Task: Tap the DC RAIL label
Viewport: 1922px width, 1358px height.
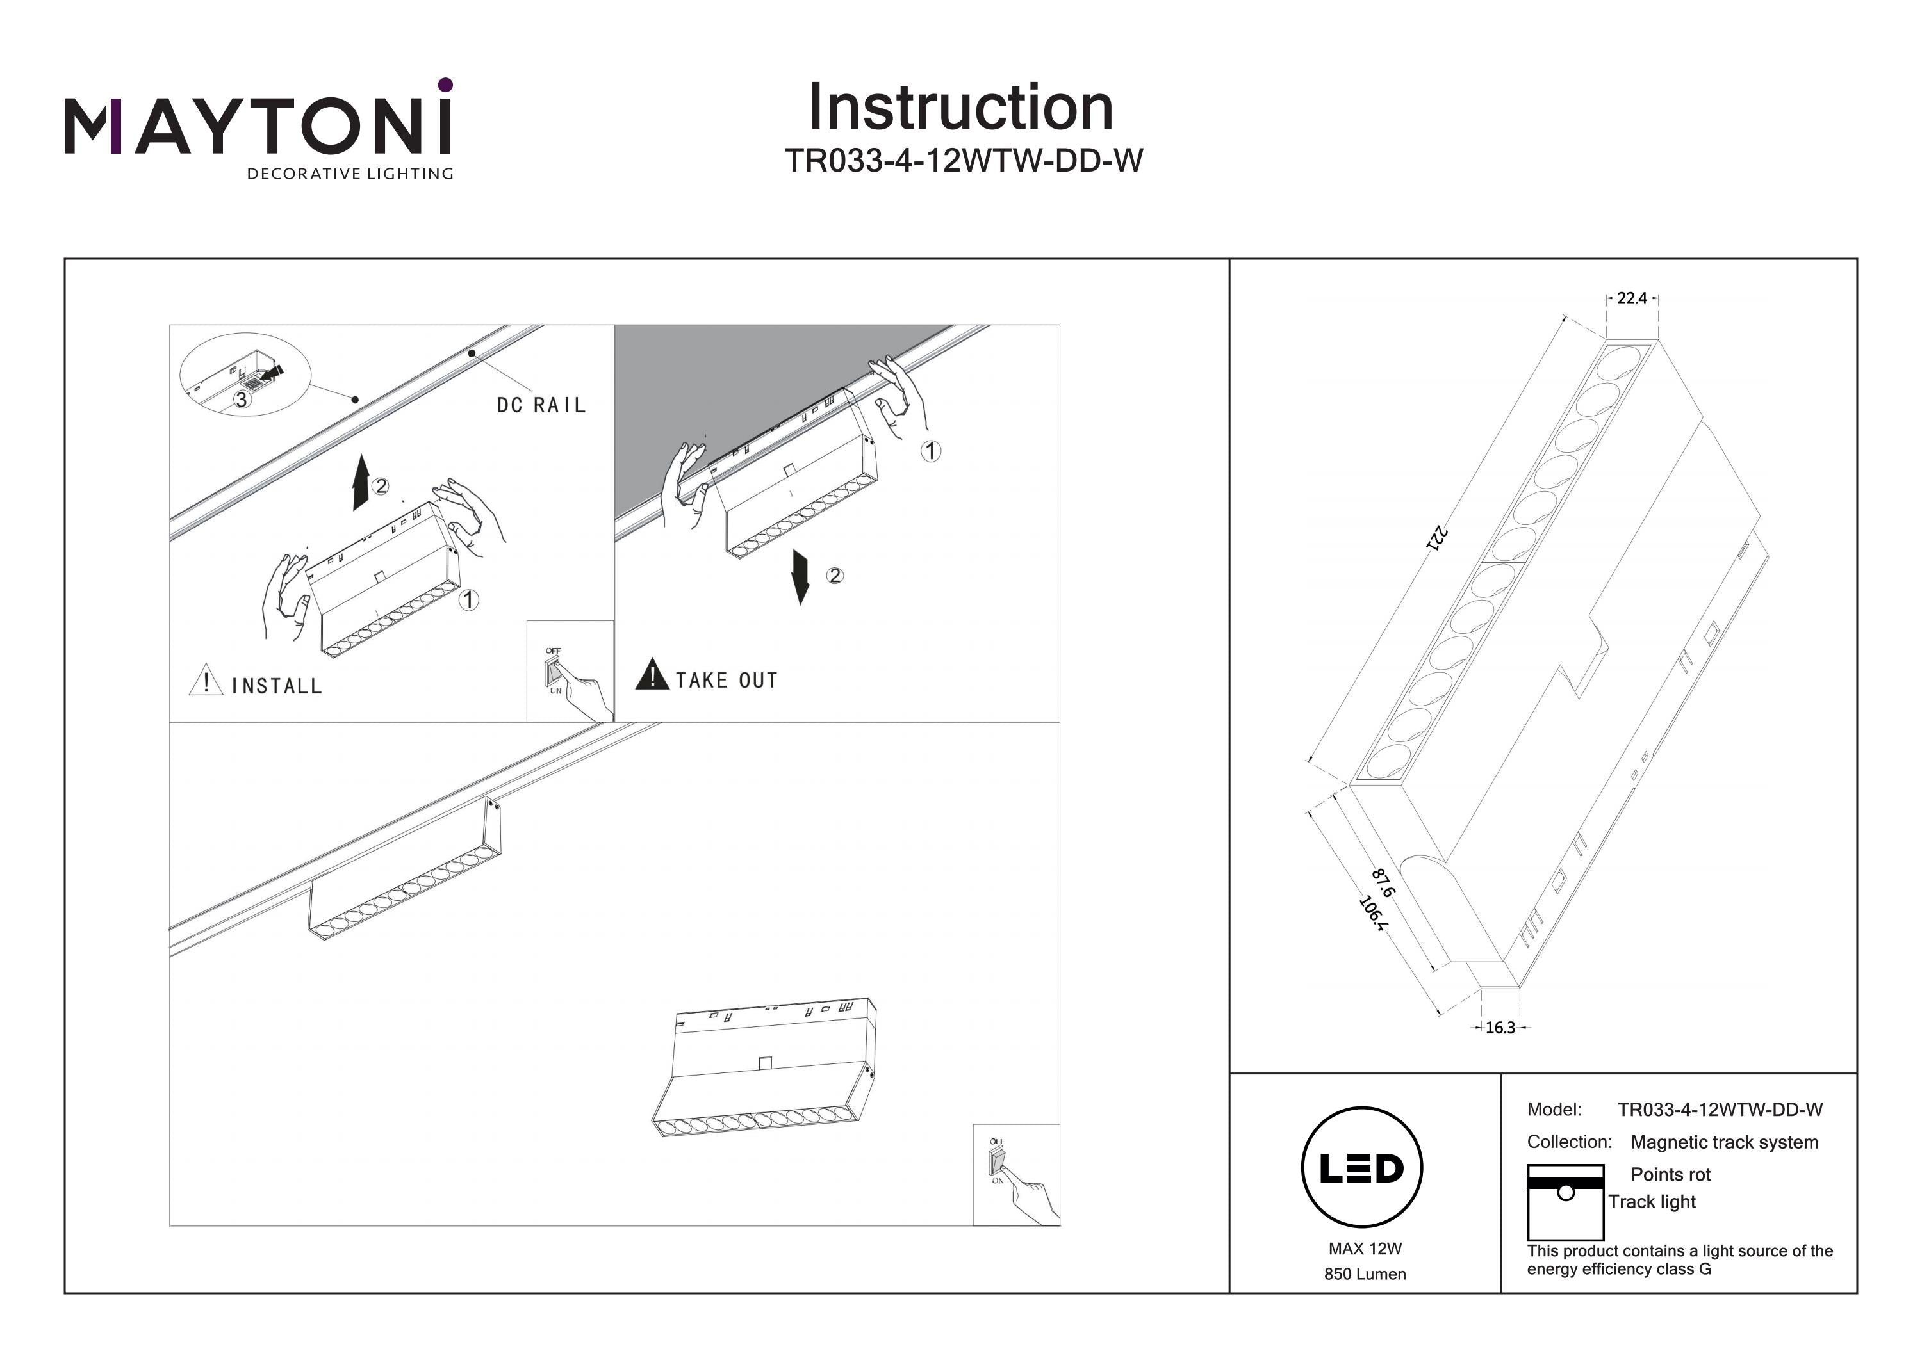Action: (x=541, y=406)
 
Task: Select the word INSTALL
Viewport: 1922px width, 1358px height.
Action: (x=276, y=686)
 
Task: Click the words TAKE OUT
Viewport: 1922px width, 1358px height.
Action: (x=727, y=680)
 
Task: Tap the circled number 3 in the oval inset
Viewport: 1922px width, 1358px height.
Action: (x=241, y=400)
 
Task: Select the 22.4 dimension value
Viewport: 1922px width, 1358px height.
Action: (x=1632, y=298)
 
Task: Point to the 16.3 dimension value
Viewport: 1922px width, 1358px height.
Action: (x=1500, y=1028)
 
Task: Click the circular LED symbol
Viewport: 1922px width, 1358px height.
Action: (x=1362, y=1167)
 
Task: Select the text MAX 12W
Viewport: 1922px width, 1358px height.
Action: (x=1365, y=1249)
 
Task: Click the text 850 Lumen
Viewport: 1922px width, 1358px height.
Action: (x=1365, y=1274)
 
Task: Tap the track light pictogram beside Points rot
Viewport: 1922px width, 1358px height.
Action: (x=1565, y=1202)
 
